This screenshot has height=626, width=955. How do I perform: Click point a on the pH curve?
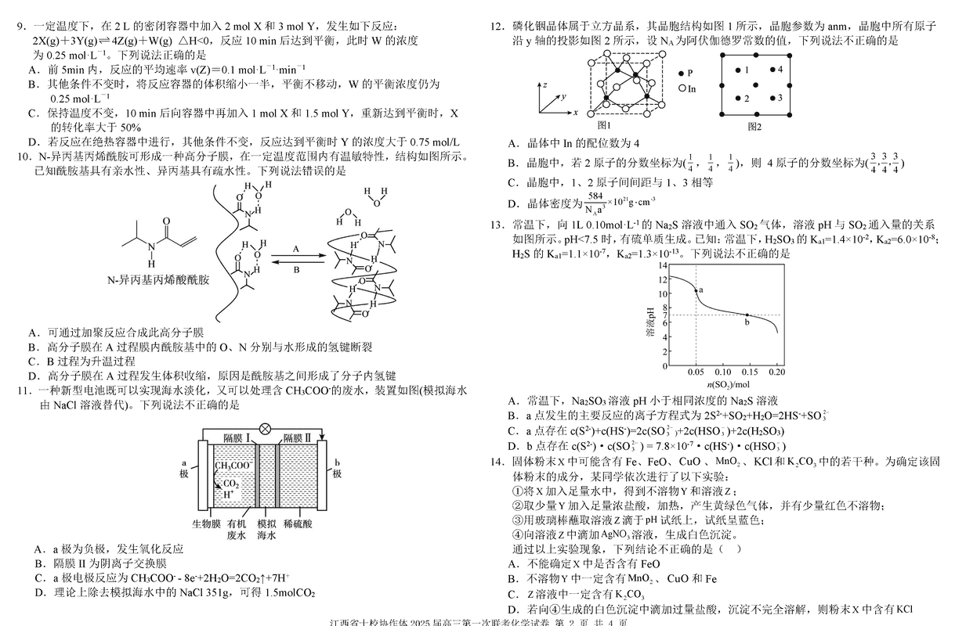click(x=696, y=290)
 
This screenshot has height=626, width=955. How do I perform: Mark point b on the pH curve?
click(x=747, y=315)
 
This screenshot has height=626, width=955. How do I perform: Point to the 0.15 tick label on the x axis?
click(x=749, y=372)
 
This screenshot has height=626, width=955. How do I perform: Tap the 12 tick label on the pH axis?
click(x=664, y=279)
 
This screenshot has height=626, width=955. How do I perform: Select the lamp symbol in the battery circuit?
click(x=264, y=429)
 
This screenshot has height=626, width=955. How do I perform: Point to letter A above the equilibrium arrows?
click(x=295, y=247)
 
